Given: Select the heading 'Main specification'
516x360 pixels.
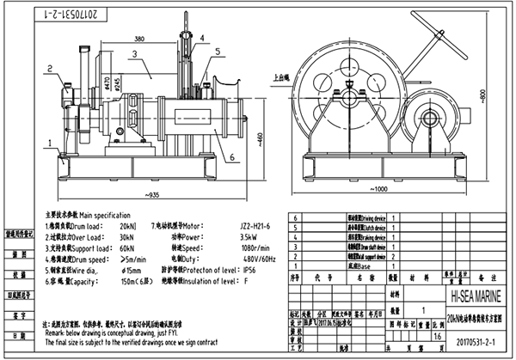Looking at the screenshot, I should point(107,213).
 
